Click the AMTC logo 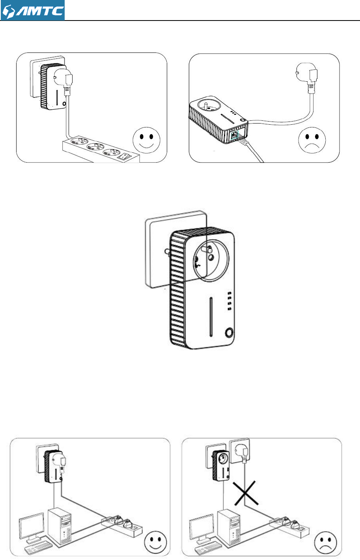pyautogui.click(x=33, y=10)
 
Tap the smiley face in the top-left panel pyautogui.click(x=147, y=138)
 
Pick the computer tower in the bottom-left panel pyautogui.click(x=60, y=527)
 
